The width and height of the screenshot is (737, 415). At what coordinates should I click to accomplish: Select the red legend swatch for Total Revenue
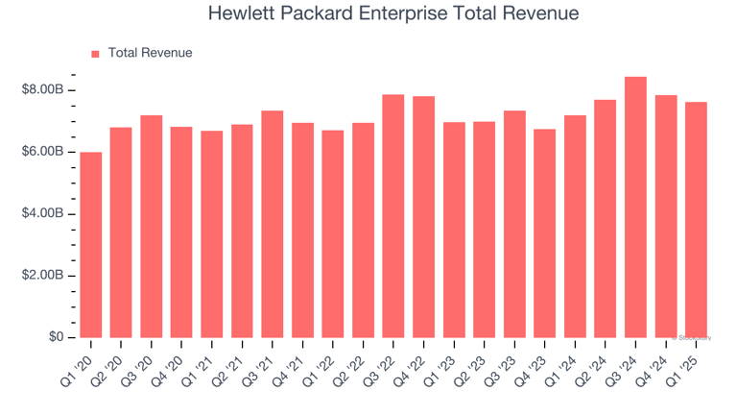pyautogui.click(x=95, y=54)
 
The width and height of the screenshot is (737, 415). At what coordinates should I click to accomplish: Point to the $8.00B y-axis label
pyautogui.click(x=42, y=90)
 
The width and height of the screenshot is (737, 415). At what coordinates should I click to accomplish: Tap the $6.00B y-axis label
pyautogui.click(x=42, y=152)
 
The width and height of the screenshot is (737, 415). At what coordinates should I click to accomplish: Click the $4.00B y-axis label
pyautogui.click(x=42, y=213)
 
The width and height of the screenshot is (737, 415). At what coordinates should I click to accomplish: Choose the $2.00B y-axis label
pyautogui.click(x=42, y=276)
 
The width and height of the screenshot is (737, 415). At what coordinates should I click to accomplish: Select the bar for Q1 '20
pyautogui.click(x=91, y=245)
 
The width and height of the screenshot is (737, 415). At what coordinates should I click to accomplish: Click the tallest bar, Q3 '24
pyautogui.click(x=635, y=207)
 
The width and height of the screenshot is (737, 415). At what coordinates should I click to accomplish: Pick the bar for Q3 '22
pyautogui.click(x=393, y=216)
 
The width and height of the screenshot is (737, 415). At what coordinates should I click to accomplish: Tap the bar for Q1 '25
pyautogui.click(x=696, y=220)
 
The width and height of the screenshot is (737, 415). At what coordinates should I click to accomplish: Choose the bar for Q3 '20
pyautogui.click(x=152, y=227)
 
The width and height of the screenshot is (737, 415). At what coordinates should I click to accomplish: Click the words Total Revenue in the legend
pyautogui.click(x=150, y=54)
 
